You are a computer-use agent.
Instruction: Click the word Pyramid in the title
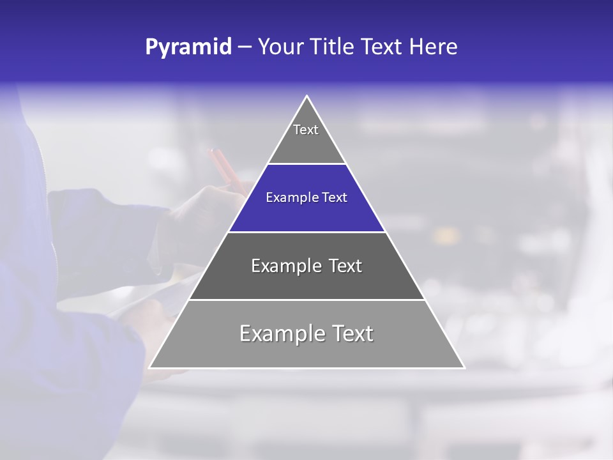coord(188,47)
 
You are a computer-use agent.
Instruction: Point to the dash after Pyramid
coord(245,47)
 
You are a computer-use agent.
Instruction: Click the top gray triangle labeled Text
coord(306,137)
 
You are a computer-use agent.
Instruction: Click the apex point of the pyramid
coord(307,96)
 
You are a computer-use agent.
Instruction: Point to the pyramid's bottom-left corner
coord(150,367)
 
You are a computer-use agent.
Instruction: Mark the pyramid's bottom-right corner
coord(464,367)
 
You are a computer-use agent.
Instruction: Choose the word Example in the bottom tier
coord(278,333)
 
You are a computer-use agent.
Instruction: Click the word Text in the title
coord(383,47)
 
